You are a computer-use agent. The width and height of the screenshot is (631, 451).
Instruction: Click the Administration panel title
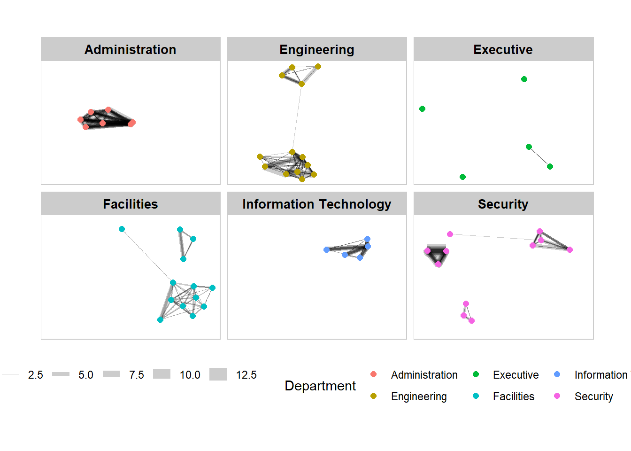pyautogui.click(x=130, y=49)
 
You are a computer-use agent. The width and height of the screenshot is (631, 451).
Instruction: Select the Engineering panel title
pyautogui.click(x=316, y=49)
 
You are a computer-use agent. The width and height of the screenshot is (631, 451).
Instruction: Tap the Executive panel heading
pyautogui.click(x=503, y=49)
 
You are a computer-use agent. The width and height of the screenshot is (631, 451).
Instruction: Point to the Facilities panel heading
pyautogui.click(x=130, y=204)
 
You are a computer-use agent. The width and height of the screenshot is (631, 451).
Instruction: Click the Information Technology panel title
pyautogui.click(x=316, y=204)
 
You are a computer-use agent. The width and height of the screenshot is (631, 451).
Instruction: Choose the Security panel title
pyautogui.click(x=503, y=204)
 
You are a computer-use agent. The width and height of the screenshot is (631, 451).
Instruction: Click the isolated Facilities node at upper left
pyautogui.click(x=122, y=229)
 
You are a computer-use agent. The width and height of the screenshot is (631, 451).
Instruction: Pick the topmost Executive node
pyautogui.click(x=524, y=79)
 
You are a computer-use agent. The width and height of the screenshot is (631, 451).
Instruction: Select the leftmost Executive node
pyautogui.click(x=422, y=109)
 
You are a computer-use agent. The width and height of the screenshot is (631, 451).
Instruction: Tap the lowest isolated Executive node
pyautogui.click(x=462, y=177)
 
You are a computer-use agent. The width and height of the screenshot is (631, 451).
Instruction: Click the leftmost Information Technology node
pyautogui.click(x=326, y=249)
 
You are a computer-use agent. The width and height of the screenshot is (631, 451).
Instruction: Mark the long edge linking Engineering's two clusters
pyautogui.click(x=297, y=117)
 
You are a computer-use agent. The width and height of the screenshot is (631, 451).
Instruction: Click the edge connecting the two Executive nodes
pyautogui.click(x=539, y=156)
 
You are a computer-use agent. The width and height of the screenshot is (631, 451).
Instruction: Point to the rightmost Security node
pyautogui.click(x=569, y=249)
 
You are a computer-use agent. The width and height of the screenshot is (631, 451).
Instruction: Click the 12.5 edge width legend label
pyautogui.click(x=246, y=375)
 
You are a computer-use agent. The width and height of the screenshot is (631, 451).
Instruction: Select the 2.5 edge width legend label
pyautogui.click(x=35, y=375)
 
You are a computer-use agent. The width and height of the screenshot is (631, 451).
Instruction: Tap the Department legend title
pyautogui.click(x=320, y=386)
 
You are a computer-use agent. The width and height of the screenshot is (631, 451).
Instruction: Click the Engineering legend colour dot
pyautogui.click(x=373, y=396)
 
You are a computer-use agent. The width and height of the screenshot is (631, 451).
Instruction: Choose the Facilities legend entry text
pyautogui.click(x=513, y=397)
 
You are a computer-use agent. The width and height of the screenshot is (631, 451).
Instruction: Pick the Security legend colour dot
pyautogui.click(x=557, y=396)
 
